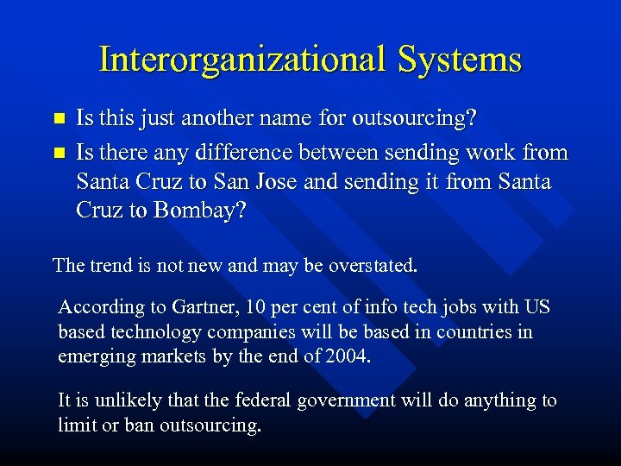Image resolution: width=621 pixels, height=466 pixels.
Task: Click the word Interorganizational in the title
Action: [243, 60]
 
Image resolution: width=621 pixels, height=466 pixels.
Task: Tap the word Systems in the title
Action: [460, 60]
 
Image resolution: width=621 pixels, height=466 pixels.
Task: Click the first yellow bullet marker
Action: [60, 117]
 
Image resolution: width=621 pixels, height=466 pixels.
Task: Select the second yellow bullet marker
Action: [60, 153]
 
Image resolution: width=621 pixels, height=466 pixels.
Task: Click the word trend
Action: [107, 265]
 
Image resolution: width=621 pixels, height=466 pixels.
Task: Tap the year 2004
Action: [348, 356]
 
